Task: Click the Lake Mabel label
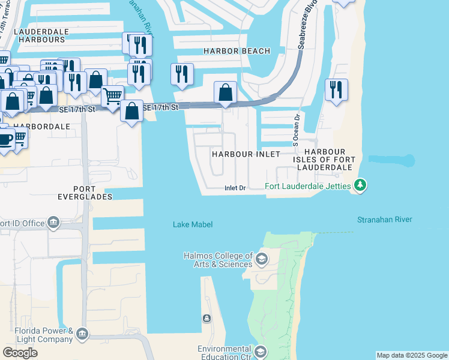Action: click(193, 224)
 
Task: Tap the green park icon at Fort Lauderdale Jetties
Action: click(360, 185)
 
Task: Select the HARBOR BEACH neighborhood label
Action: click(237, 52)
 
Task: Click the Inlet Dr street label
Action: click(235, 188)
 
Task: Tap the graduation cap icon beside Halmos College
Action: click(261, 259)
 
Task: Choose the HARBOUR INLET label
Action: click(246, 154)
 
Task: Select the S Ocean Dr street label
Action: click(296, 130)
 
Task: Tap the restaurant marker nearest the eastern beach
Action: click(336, 90)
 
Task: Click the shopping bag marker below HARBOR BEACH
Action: click(226, 93)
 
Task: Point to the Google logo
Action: click(20, 353)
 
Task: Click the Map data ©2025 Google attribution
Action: click(412, 355)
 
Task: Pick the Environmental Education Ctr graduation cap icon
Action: click(261, 351)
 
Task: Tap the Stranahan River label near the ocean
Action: click(384, 220)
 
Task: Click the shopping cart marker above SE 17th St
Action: click(112, 95)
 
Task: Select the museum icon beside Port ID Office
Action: click(54, 223)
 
